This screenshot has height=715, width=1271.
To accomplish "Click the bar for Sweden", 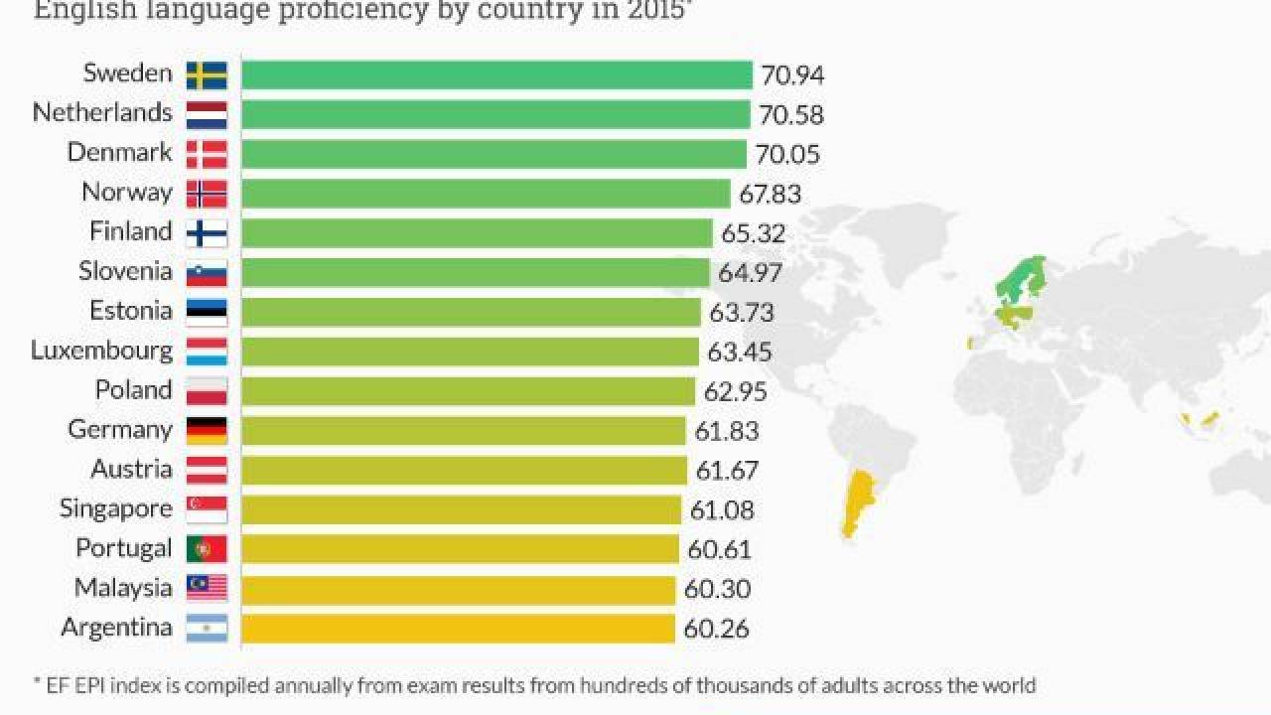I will click(x=496, y=75).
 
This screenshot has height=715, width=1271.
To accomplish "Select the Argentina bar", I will click(x=458, y=629).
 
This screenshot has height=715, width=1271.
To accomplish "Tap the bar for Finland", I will click(x=477, y=233).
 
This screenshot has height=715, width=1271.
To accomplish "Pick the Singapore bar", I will click(x=462, y=509).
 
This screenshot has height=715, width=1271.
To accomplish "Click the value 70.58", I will click(x=791, y=115).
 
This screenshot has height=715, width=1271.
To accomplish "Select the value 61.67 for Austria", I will click(x=726, y=471).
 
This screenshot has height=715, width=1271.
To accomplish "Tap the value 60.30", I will click(x=717, y=590).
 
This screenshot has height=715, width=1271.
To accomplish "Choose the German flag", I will click(x=207, y=431).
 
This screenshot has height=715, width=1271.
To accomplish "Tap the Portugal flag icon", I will click(x=207, y=549).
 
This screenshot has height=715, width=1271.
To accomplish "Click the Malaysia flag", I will click(x=207, y=589).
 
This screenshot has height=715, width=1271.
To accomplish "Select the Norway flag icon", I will click(x=207, y=194).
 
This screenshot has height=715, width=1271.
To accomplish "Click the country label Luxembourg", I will click(x=101, y=351).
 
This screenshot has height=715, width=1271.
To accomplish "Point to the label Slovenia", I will click(x=125, y=271).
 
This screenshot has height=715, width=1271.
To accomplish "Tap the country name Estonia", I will click(x=131, y=311).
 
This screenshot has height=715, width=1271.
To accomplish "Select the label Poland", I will click(x=133, y=390).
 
